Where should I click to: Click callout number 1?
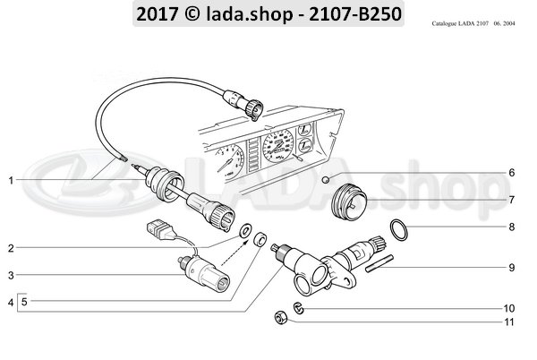pos(11,180)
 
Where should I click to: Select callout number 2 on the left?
pos(11,246)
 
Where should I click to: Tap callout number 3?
pos(11,275)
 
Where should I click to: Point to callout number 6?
pos(512,173)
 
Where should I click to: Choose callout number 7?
pos(512,199)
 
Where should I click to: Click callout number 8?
pos(512,227)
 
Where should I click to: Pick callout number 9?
pos(512,268)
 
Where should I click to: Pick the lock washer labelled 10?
pos(301,309)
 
